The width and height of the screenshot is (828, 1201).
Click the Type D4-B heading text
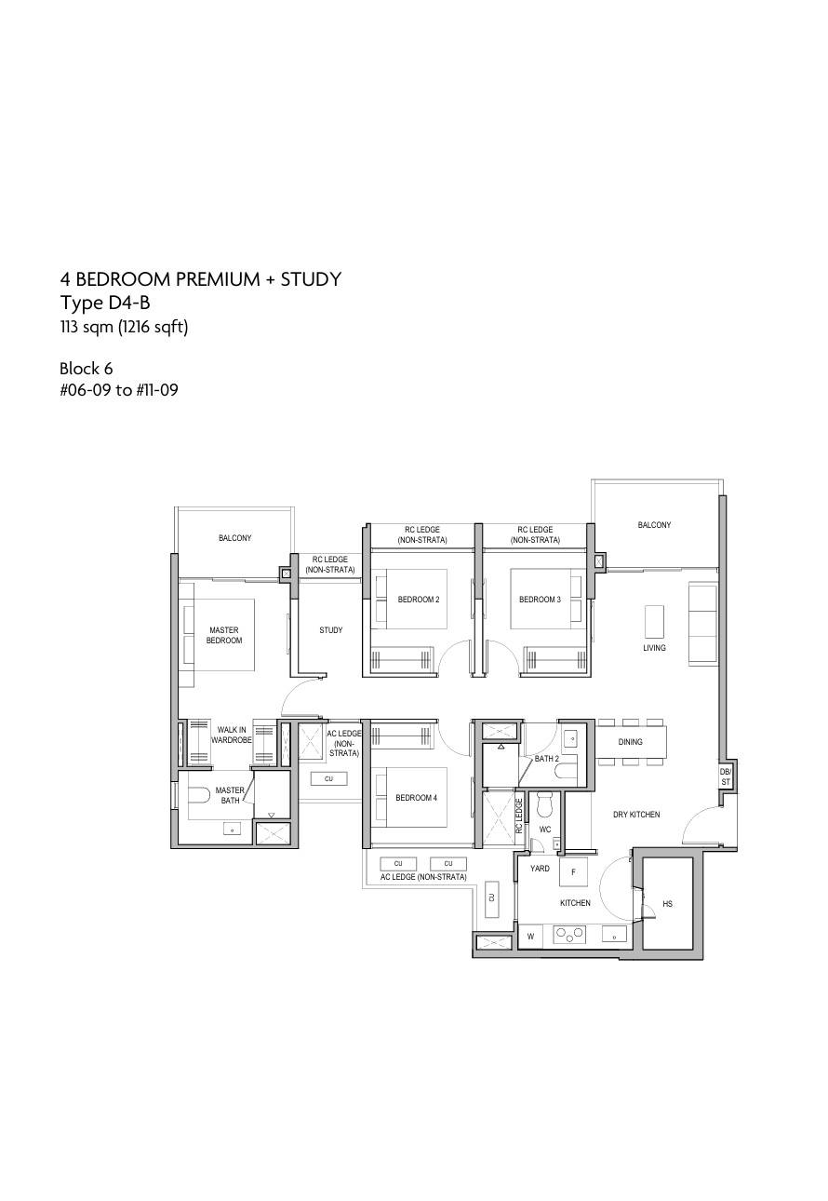pos(104,303)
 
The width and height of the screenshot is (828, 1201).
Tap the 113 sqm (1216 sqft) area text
pos(124,327)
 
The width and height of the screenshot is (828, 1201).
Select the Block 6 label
pos(86,369)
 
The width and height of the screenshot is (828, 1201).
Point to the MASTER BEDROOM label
pos(224,635)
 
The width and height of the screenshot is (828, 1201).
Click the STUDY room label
pos(330,630)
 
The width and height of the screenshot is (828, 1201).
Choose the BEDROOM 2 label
pos(419,600)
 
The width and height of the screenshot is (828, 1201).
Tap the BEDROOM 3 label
pos(540,600)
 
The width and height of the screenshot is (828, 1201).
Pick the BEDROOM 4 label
pos(417,798)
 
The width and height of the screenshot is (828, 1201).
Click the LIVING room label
pos(654,648)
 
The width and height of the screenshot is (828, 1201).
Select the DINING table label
pos(630,741)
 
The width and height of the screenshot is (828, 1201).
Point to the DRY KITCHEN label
pos(636,815)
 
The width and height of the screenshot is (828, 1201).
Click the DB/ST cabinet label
pos(725,776)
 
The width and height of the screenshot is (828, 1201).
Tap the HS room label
pos(667,904)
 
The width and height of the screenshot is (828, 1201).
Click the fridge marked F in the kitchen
pos(573,871)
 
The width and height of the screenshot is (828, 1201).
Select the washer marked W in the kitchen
pos(530,937)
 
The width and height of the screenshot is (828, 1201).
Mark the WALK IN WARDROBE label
pos(232,735)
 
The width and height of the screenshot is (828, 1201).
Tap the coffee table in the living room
pos(654,622)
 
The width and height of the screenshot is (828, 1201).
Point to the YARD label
pos(540,869)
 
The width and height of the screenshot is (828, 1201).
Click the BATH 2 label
pos(547,759)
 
